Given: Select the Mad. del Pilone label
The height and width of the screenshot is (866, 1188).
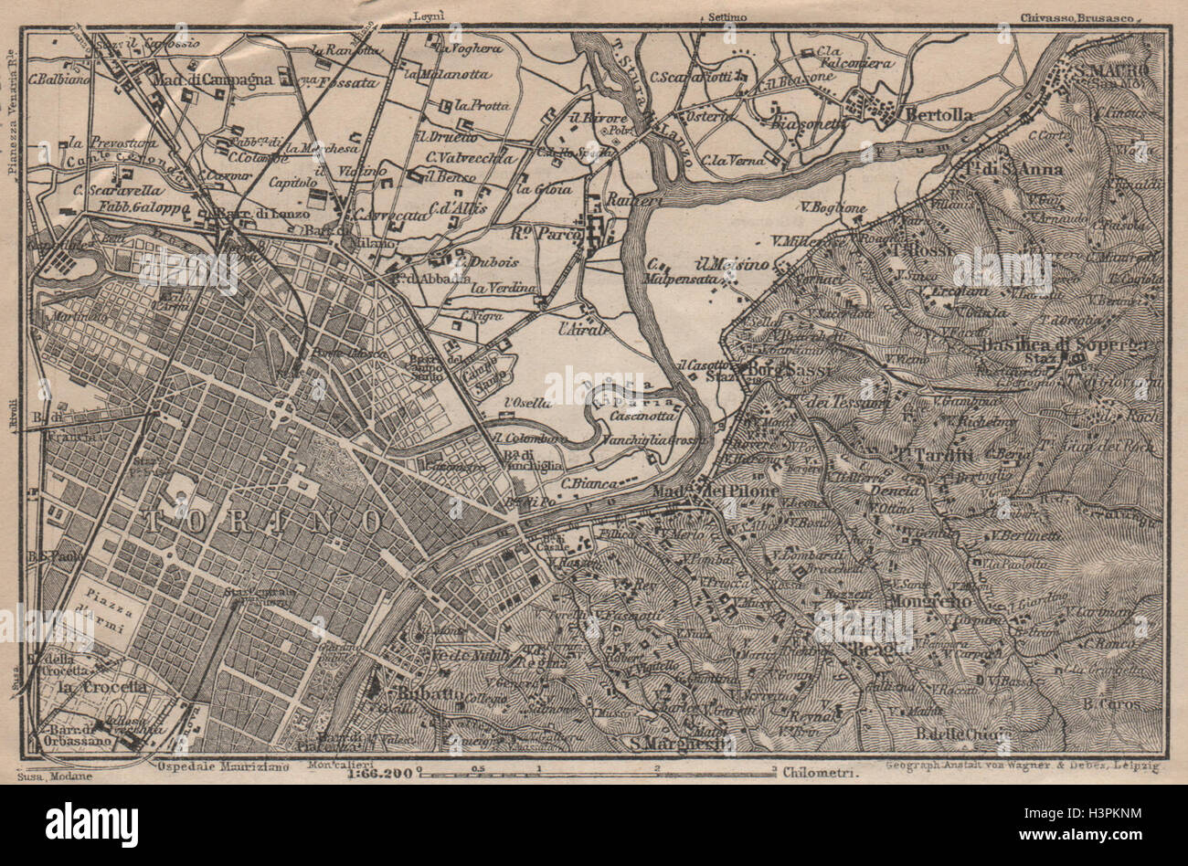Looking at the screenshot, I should point(715,492).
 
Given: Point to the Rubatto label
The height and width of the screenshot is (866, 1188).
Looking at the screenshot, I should point(420,694).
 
